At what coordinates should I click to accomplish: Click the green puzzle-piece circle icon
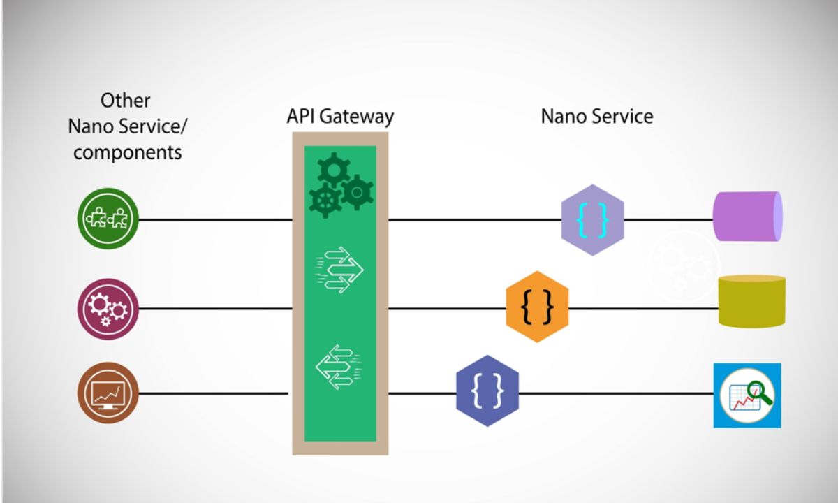(x=108, y=219)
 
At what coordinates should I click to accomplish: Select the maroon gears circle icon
(x=108, y=308)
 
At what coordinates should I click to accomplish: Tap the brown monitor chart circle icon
(x=108, y=393)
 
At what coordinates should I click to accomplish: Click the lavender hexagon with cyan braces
(x=592, y=219)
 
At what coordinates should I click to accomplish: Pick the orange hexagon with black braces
(x=537, y=307)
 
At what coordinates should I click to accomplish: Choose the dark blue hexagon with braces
(x=487, y=393)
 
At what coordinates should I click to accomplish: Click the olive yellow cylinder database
(x=752, y=301)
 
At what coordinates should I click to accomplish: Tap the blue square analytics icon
(x=747, y=395)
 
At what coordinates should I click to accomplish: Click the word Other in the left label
(x=126, y=101)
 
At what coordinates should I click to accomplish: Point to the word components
(x=127, y=152)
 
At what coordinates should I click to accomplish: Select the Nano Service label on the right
(x=596, y=116)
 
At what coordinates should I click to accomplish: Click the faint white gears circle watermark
(x=682, y=265)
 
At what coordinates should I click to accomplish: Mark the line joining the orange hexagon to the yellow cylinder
(x=642, y=308)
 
